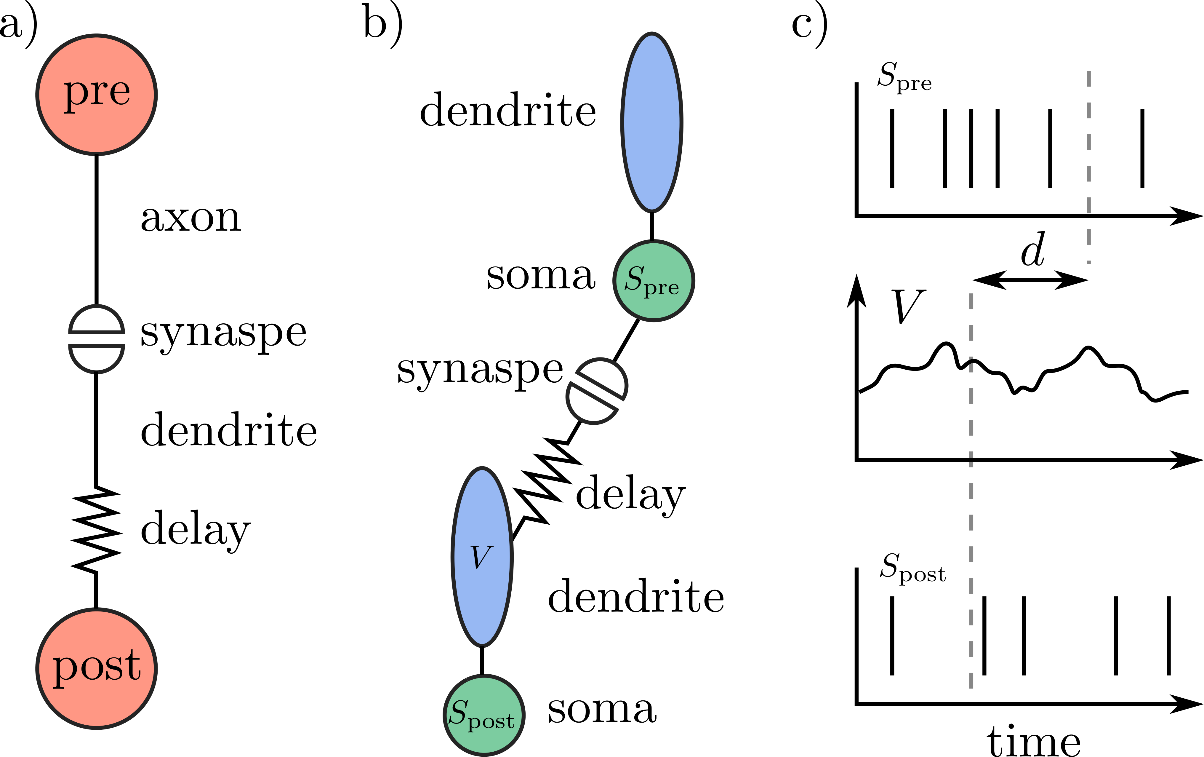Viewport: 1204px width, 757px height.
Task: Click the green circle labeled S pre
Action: click(654, 305)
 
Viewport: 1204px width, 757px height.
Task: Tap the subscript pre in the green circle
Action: click(661, 288)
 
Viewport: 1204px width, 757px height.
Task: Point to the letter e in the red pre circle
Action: click(120, 92)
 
